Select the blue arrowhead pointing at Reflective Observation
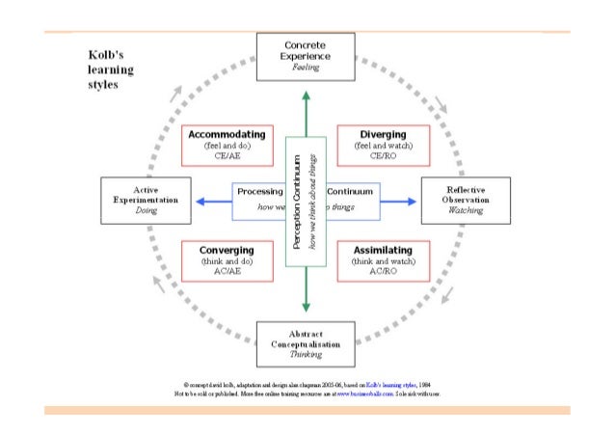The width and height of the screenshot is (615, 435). click(x=411, y=202)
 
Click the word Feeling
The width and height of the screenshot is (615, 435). click(x=306, y=69)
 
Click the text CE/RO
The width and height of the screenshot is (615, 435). click(x=383, y=155)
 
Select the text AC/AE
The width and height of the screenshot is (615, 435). click(x=227, y=273)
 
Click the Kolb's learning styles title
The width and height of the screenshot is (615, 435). click(x=105, y=69)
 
